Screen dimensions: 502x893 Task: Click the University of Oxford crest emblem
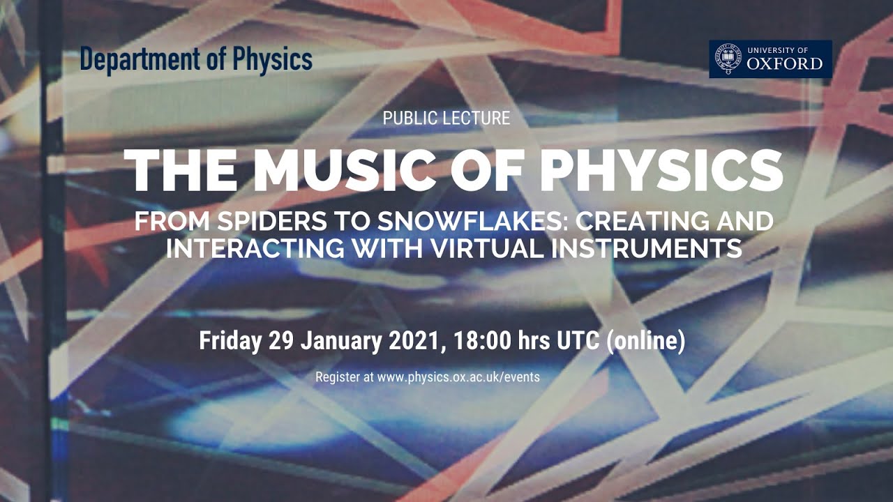(728, 59)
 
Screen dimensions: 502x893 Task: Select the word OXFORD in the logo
(784, 63)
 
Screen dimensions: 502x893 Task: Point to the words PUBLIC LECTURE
(446, 119)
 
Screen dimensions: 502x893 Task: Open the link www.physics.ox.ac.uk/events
(458, 377)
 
